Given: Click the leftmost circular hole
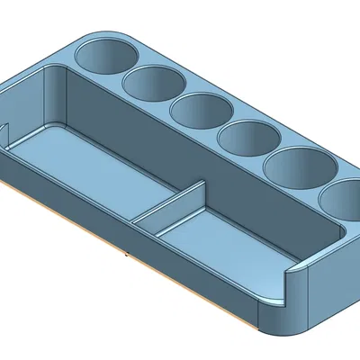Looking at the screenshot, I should [104, 54].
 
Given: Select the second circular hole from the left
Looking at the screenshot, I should [154, 83].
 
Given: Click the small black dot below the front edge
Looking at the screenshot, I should [126, 256].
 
